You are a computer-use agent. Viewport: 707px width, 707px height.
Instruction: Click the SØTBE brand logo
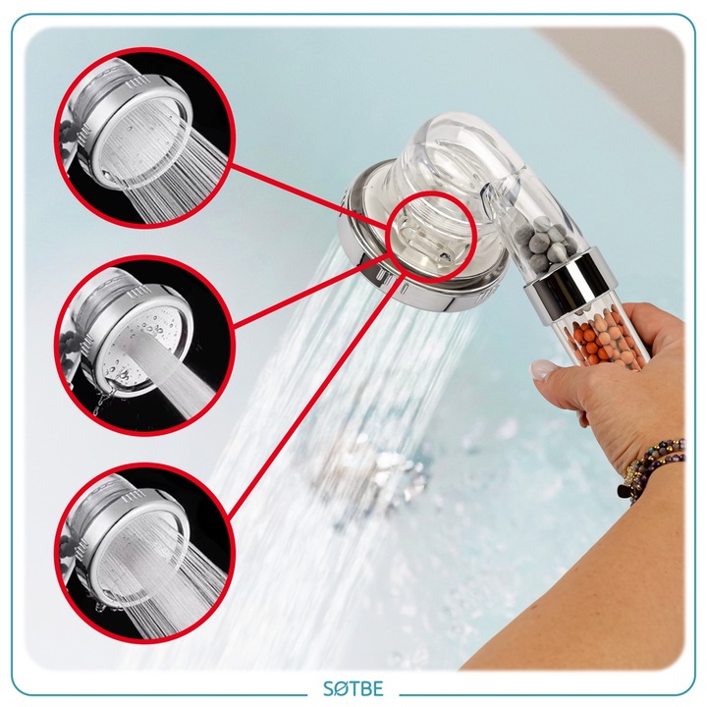[353, 688]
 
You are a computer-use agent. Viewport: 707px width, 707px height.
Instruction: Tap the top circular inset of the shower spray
[145, 137]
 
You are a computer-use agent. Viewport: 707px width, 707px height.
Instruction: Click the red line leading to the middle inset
[311, 290]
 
